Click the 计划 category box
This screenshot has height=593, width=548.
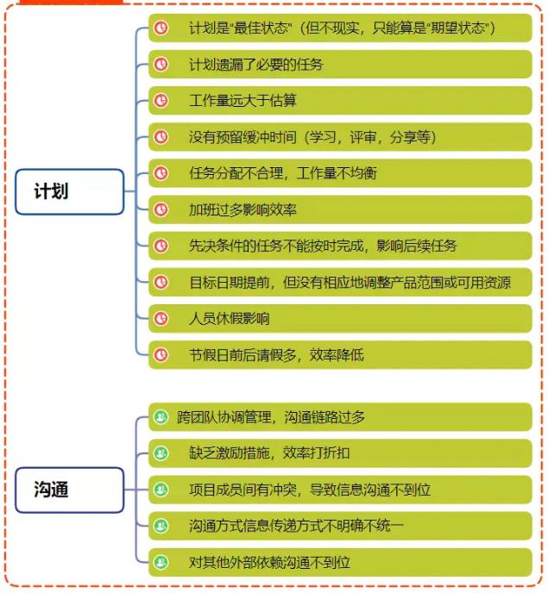(70, 191)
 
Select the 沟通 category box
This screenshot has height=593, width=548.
(70, 490)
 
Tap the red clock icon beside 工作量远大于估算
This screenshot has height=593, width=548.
(161, 101)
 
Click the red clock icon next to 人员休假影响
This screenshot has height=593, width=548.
(161, 318)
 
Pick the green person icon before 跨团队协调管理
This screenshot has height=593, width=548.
(161, 417)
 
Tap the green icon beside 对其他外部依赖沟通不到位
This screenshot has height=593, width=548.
(161, 562)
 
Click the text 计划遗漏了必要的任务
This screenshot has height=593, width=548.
(256, 65)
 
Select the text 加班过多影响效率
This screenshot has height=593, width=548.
(243, 209)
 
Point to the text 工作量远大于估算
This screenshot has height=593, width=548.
(243, 101)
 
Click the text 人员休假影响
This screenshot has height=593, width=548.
(229, 318)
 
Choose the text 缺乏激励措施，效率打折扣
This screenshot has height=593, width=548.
(269, 453)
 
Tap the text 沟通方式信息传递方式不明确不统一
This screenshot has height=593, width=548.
(296, 526)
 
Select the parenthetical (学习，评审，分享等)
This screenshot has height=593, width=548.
(370, 137)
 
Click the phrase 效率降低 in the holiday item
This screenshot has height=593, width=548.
(337, 355)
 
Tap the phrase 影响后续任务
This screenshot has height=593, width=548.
(417, 246)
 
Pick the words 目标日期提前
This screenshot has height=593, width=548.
(229, 282)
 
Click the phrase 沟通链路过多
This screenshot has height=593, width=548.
(324, 417)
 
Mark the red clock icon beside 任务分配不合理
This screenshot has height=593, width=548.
(161, 173)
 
